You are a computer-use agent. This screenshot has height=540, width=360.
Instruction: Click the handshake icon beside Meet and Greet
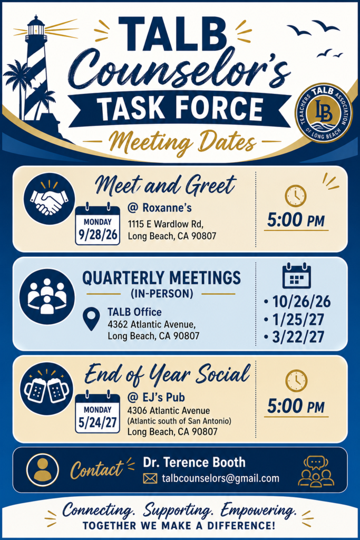pyautogui.click(x=49, y=199)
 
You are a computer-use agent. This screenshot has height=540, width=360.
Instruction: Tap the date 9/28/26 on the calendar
pyautogui.click(x=98, y=235)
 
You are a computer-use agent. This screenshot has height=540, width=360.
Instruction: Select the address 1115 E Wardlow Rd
pyautogui.click(x=166, y=224)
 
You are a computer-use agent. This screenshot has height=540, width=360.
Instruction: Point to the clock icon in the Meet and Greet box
pyautogui.click(x=296, y=196)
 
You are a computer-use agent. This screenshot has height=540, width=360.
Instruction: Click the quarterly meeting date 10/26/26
pyautogui.click(x=301, y=302)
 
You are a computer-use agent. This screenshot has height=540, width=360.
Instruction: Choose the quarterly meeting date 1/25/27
pyautogui.click(x=298, y=320)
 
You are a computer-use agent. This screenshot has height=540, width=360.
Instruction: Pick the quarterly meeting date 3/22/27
pyautogui.click(x=298, y=337)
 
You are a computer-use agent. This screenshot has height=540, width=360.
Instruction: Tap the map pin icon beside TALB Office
pyautogui.click(x=92, y=319)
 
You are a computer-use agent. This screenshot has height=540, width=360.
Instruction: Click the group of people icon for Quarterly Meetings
pyautogui.click(x=47, y=296)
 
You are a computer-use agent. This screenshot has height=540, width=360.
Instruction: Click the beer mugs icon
pyautogui.click(x=47, y=389)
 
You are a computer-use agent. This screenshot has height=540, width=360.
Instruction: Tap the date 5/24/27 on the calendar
pyautogui.click(x=98, y=422)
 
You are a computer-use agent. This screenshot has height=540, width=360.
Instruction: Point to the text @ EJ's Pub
pyautogui.click(x=156, y=398)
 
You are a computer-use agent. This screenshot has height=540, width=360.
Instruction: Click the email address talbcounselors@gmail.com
pyautogui.click(x=220, y=478)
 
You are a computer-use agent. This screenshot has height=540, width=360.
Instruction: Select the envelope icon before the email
pyautogui.click(x=150, y=478)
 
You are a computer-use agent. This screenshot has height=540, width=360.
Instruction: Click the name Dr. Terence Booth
pyautogui.click(x=194, y=462)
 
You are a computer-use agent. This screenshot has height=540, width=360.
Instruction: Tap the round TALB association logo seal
pyautogui.click(x=324, y=112)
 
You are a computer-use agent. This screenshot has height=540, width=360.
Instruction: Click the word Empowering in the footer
pyautogui.click(x=258, y=510)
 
